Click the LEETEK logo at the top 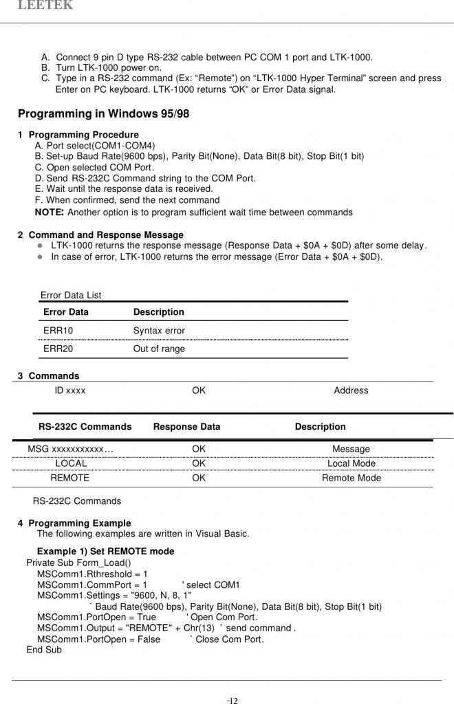[45, 5]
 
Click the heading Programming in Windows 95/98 [103, 114]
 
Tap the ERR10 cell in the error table [58, 331]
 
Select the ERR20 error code [58, 349]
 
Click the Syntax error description [159, 331]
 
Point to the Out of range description [159, 349]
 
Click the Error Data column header [66, 312]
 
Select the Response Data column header [186, 427]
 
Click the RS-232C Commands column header [85, 427]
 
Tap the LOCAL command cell [71, 463]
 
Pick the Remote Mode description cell [351, 478]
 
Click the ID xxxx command [70, 390]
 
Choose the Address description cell [351, 390]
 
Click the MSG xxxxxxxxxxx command [70, 449]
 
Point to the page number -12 [233, 701]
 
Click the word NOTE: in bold [50, 212]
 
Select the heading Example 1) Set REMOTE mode [105, 551]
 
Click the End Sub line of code [44, 650]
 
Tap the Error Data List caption [71, 295]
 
